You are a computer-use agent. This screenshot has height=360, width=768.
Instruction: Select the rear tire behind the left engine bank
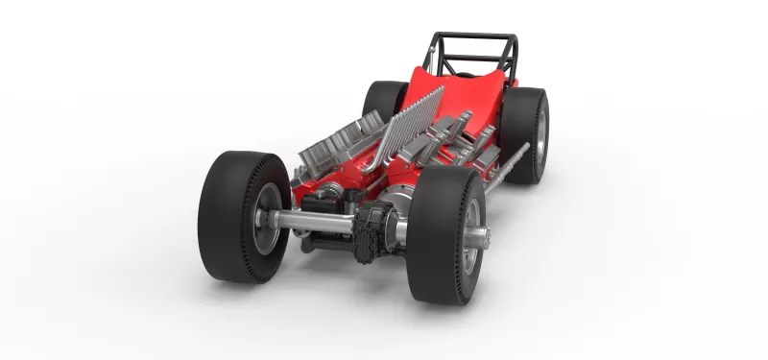(384, 100)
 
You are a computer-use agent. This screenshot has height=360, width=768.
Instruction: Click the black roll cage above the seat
(474, 53)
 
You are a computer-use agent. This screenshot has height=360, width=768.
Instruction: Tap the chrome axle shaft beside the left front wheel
(313, 223)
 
